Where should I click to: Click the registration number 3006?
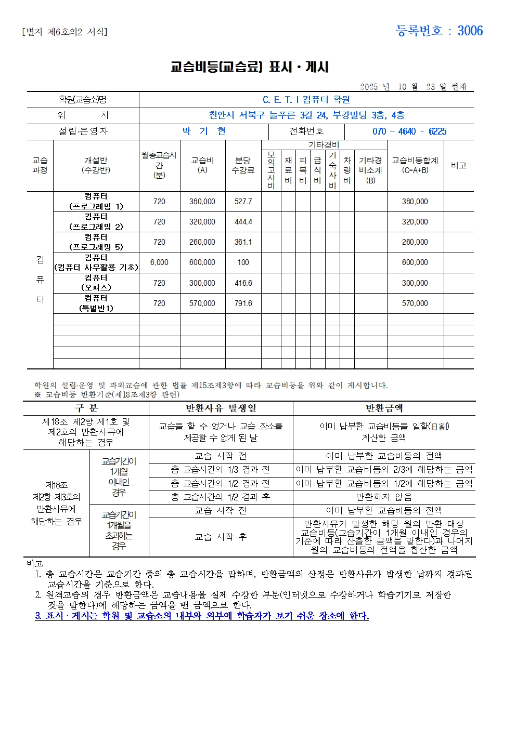[470, 31]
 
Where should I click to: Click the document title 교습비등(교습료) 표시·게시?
[249, 67]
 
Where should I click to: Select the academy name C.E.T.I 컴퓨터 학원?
[306, 100]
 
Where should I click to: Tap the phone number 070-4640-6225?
[409, 131]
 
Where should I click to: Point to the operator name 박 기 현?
[203, 131]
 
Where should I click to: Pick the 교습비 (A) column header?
[202, 165]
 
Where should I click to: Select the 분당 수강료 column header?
[243, 165]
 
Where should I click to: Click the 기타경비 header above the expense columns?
[324, 145]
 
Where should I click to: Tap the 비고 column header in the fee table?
[458, 165]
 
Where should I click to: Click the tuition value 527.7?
[243, 202]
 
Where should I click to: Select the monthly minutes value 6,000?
[159, 262]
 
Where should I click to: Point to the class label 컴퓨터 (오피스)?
[96, 283]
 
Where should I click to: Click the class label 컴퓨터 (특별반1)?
[96, 303]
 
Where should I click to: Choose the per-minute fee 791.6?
[243, 303]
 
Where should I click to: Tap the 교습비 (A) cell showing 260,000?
[202, 242]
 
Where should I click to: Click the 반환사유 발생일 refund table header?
[221, 408]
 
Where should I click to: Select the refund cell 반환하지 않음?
[383, 497]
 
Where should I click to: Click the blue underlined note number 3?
[38, 616]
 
